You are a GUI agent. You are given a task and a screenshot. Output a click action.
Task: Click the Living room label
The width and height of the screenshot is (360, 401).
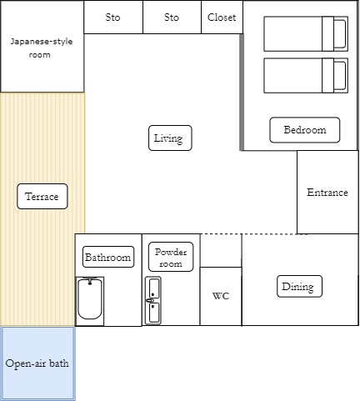coord(170,138)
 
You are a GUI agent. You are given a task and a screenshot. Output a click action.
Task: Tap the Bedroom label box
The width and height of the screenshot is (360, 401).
coord(305,130)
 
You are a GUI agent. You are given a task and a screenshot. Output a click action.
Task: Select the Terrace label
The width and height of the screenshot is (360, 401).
coord(42,196)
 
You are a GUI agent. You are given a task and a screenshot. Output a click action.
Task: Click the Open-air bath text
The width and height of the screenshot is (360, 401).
coord(37,363)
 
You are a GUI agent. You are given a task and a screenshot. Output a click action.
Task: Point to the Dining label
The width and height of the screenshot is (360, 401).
coord(299,286)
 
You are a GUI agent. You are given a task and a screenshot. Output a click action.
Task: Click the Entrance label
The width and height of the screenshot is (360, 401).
coord(327,193)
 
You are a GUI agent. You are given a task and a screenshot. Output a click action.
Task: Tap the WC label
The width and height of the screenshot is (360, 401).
coord(221,296)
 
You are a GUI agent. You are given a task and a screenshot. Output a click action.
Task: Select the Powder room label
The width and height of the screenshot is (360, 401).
coord(171,257)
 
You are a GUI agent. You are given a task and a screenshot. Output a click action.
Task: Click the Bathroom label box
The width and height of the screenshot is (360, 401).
coord(108,257)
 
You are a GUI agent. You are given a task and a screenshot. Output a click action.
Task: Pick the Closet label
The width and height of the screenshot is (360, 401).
coord(222,18)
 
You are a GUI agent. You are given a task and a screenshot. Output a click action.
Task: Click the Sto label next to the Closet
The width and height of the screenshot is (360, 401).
coord(172,18)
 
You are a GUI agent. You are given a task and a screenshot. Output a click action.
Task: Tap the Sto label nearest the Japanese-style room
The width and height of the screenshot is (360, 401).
coord(112,18)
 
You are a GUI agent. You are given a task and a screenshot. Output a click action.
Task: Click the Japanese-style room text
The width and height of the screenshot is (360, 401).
coord(42,48)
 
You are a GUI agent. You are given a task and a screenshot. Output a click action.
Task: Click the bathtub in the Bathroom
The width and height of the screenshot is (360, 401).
coord(90,301)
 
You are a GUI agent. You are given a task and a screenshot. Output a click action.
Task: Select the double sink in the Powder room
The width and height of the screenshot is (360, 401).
coord(153,300)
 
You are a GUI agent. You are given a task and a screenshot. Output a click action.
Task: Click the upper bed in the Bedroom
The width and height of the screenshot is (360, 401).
coord(306,34)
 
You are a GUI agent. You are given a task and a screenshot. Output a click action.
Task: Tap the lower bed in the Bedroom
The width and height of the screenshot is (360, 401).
coord(306,75)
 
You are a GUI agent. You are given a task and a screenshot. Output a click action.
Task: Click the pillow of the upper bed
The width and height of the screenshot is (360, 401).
coord(340,34)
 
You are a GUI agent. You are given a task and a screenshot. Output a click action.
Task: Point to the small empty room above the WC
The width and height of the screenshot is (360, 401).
coord(221,250)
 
